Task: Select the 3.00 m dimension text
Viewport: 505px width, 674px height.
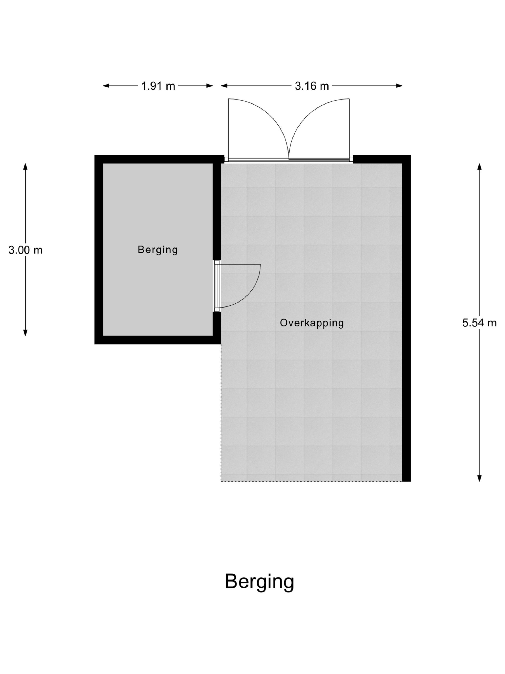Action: click(x=25, y=250)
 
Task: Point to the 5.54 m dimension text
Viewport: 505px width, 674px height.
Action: click(x=479, y=323)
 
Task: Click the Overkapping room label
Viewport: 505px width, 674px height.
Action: click(x=312, y=323)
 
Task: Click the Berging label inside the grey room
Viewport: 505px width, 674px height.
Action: click(x=158, y=250)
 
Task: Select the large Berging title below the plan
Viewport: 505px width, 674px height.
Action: click(x=259, y=582)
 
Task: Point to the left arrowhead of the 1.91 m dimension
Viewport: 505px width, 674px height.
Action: click(x=106, y=86)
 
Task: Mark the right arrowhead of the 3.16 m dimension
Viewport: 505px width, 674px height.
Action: click(x=399, y=86)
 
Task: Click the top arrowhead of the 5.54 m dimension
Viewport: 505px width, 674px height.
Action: click(x=479, y=167)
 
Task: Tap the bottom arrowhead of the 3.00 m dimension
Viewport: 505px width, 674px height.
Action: click(x=25, y=333)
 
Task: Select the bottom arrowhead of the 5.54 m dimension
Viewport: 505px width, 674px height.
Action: click(x=479, y=478)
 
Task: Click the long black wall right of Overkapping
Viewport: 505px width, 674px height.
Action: click(x=407, y=318)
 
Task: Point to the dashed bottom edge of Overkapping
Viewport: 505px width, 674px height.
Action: click(x=311, y=482)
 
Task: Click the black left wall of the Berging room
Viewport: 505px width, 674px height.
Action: click(x=99, y=250)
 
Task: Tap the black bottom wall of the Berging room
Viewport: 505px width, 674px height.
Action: click(x=158, y=340)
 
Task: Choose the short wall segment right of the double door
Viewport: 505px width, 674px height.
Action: click(x=382, y=159)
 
